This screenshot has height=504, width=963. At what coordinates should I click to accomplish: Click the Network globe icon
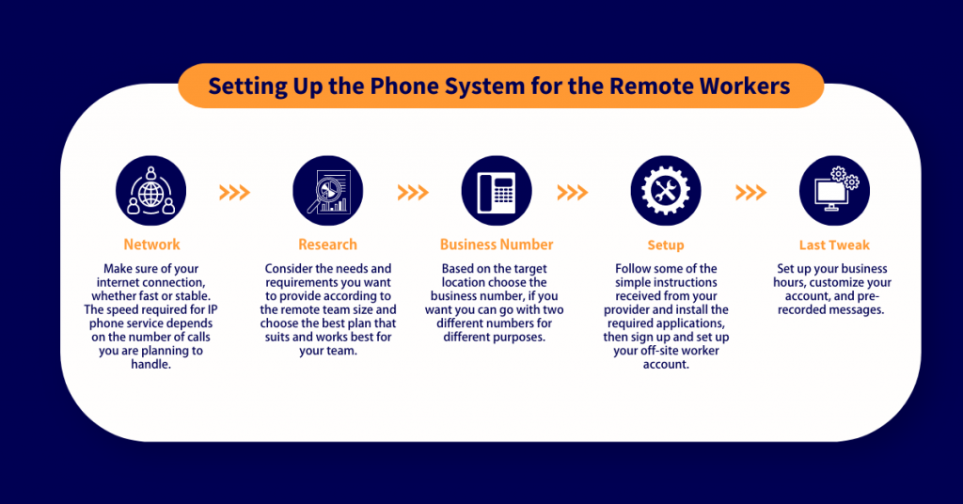click(x=150, y=192)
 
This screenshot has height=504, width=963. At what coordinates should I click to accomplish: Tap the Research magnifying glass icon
click(x=327, y=192)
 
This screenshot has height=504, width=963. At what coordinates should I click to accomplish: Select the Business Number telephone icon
click(x=496, y=192)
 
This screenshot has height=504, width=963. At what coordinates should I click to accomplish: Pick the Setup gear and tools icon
click(x=665, y=192)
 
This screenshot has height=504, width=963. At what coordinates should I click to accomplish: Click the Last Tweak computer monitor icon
click(x=833, y=192)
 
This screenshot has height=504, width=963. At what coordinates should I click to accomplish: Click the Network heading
click(x=151, y=244)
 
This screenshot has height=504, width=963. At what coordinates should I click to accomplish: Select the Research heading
click(x=327, y=244)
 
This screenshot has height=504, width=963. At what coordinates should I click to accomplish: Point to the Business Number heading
click(x=497, y=244)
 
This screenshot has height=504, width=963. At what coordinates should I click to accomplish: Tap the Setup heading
click(x=665, y=245)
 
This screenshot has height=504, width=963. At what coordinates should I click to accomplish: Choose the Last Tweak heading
click(x=833, y=245)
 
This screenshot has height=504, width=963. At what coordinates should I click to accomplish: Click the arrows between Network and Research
click(x=234, y=193)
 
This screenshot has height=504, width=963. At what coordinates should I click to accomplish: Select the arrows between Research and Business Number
click(x=413, y=193)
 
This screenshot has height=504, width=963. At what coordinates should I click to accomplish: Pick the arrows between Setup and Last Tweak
click(x=750, y=193)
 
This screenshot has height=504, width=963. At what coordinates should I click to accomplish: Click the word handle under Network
click(x=151, y=364)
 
